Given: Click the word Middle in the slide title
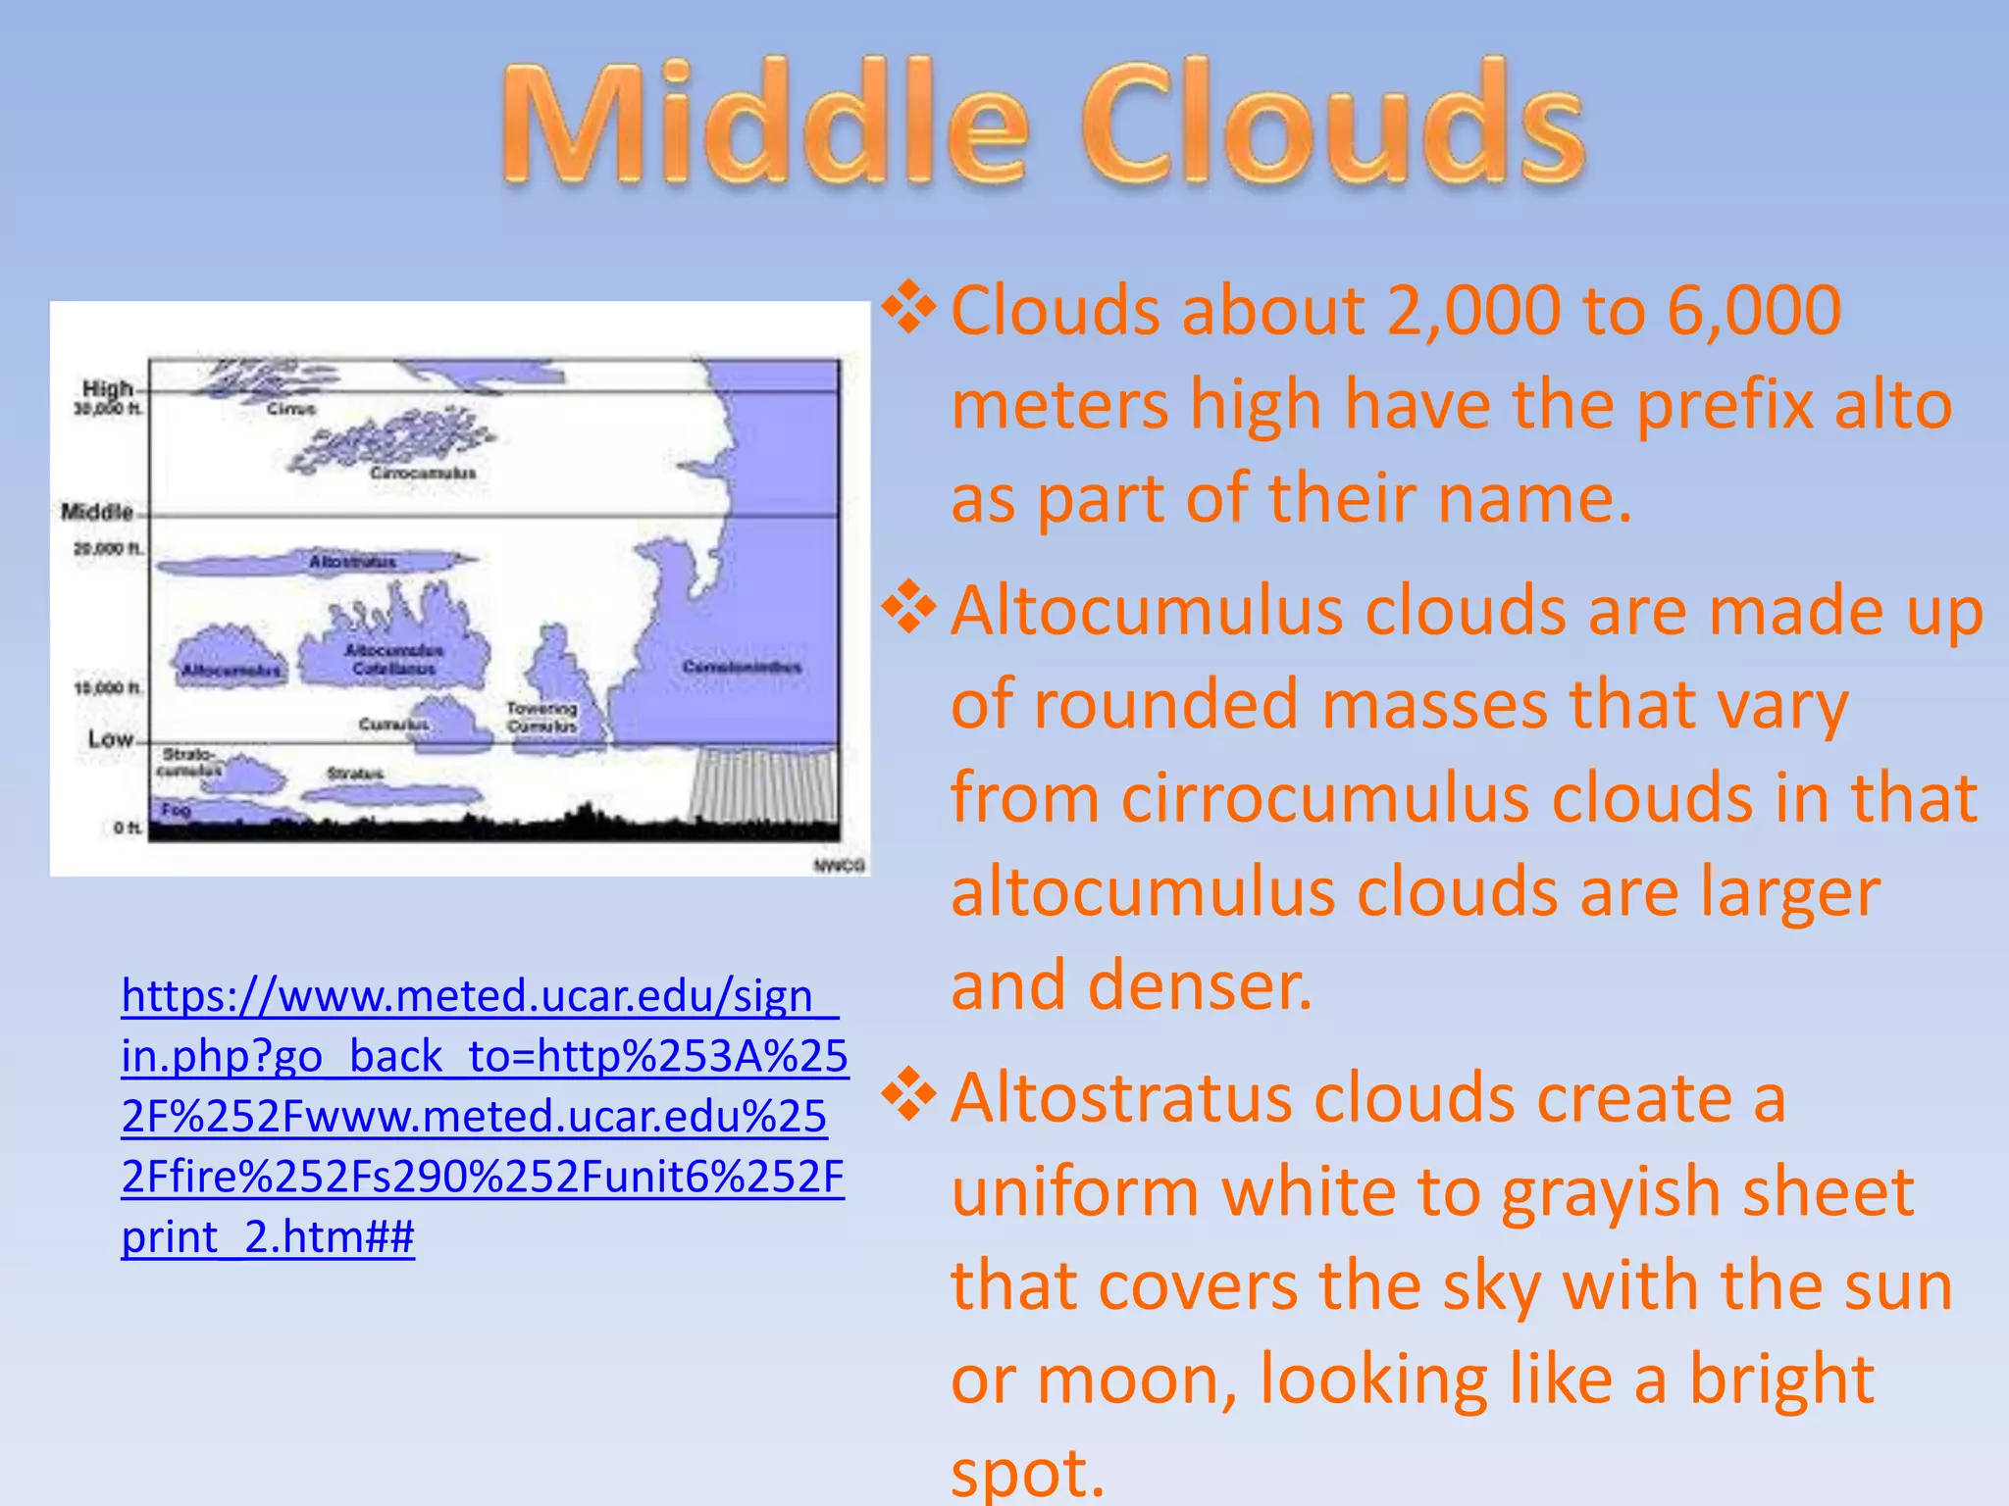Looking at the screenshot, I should pyautogui.click(x=766, y=125).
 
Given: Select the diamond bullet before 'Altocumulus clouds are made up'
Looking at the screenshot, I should pyautogui.click(x=909, y=608).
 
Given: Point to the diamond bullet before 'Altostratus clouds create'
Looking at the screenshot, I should pyautogui.click(x=909, y=1095).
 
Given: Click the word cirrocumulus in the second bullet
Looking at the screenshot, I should pyautogui.click(x=1324, y=798).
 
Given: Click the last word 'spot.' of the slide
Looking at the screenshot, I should pyautogui.click(x=1027, y=1473).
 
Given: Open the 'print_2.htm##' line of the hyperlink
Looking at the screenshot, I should pyautogui.click(x=268, y=1237).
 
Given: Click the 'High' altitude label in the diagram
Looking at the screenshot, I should pyautogui.click(x=107, y=388).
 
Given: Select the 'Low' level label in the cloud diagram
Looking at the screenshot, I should pyautogui.click(x=110, y=738).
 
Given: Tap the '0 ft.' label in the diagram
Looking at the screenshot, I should pyautogui.click(x=127, y=828).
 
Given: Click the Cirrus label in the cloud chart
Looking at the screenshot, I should pyautogui.click(x=291, y=408).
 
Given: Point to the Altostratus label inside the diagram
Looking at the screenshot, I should pyautogui.click(x=353, y=562).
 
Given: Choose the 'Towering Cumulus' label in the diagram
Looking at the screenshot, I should pyautogui.click(x=541, y=717).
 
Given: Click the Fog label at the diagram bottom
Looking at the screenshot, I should pyautogui.click(x=176, y=809).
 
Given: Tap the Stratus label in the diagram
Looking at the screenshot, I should pyautogui.click(x=355, y=774).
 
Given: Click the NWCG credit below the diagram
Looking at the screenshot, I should pyautogui.click(x=839, y=865).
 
